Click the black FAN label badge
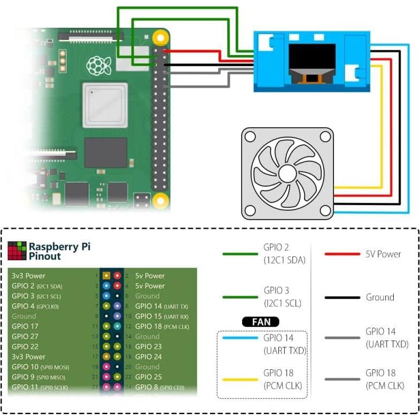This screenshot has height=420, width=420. click(261, 322)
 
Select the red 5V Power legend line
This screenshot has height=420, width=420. click(343, 254)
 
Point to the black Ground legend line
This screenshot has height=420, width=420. click(343, 297)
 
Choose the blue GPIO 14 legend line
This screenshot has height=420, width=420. click(240, 338)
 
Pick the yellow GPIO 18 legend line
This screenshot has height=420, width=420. click(240, 379)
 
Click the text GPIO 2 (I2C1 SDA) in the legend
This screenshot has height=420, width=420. click(283, 254)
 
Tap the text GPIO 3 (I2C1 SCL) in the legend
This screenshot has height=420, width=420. click(283, 297)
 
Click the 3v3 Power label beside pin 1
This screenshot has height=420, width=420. click(28, 276)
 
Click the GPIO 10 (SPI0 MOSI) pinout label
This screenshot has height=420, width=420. click(40, 367)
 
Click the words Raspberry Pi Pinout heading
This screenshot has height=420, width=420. click(59, 251)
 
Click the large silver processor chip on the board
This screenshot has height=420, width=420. click(105, 105)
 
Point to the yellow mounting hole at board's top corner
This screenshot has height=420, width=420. click(159, 38)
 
